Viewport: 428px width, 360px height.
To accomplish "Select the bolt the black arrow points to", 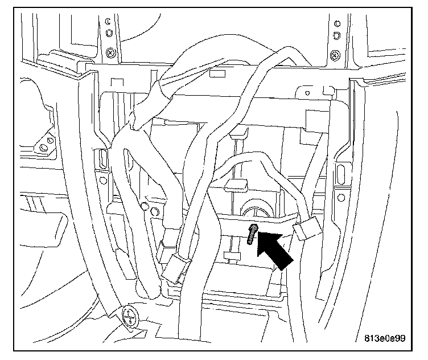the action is [x=252, y=234].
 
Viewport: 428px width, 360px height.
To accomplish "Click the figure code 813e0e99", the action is [x=385, y=338].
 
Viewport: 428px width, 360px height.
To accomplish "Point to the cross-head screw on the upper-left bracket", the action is [x=108, y=54].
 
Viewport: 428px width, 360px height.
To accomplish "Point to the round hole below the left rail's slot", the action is [x=102, y=182].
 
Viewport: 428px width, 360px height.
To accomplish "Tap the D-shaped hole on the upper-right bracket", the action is [x=338, y=35].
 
